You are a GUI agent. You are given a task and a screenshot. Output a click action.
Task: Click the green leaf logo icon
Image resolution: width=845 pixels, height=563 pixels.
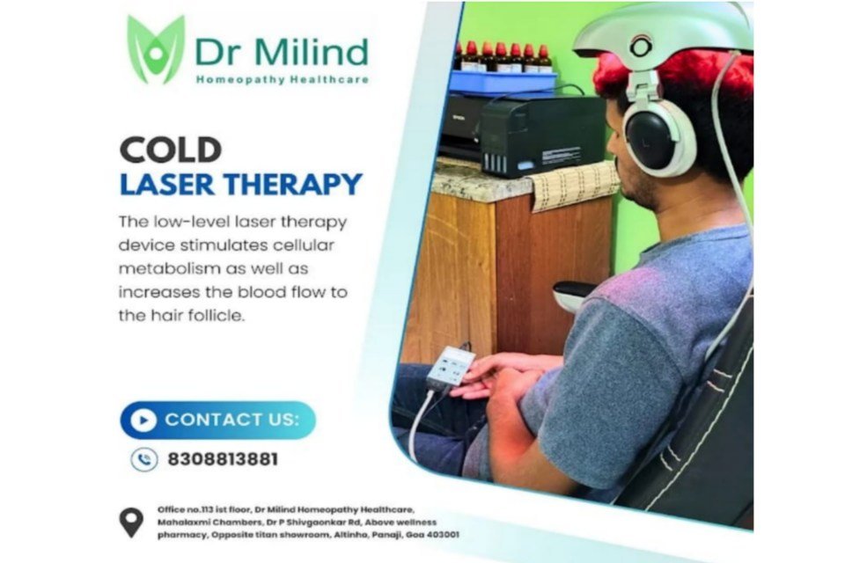click(x=156, y=49)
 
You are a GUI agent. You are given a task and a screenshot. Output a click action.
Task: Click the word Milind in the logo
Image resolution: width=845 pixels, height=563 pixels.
click(x=311, y=52)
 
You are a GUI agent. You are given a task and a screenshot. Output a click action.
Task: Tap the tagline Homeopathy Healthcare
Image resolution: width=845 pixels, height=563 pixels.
click(x=282, y=80)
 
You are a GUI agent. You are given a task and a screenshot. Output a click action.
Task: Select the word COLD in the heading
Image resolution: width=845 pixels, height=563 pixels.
click(x=170, y=150)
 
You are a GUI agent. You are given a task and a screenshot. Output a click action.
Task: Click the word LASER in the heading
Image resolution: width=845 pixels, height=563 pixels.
click(x=167, y=184)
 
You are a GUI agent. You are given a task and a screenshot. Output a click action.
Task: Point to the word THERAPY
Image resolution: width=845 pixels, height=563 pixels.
click(x=293, y=184)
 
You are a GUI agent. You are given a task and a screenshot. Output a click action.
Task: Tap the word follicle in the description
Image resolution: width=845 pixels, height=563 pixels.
click(x=216, y=315)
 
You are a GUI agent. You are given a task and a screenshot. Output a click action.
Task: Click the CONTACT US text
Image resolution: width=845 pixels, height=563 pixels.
click(x=231, y=420)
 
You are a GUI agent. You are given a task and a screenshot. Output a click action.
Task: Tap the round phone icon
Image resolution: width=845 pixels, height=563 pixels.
click(x=143, y=459)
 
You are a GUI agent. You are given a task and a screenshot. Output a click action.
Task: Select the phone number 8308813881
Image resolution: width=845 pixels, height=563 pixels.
click(x=223, y=459)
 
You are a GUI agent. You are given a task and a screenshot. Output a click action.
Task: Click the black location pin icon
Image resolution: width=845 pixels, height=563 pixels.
click(x=131, y=522)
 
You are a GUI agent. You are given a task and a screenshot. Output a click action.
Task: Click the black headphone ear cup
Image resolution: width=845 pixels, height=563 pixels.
click(x=651, y=139)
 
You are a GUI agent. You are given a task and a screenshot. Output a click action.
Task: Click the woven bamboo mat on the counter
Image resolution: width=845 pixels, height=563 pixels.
click(x=574, y=186)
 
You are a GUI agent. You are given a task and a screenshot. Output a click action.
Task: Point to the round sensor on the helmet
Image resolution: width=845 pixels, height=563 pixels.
click(x=641, y=47)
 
